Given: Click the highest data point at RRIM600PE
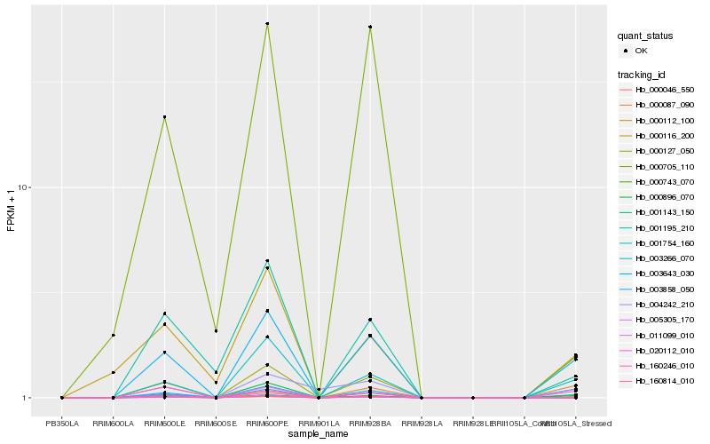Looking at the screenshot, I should [267, 24].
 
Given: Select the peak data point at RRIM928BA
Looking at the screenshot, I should [370, 28].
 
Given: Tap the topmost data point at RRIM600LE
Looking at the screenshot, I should [164, 117].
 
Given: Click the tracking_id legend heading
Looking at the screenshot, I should [643, 74].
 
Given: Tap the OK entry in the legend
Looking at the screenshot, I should [641, 52].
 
